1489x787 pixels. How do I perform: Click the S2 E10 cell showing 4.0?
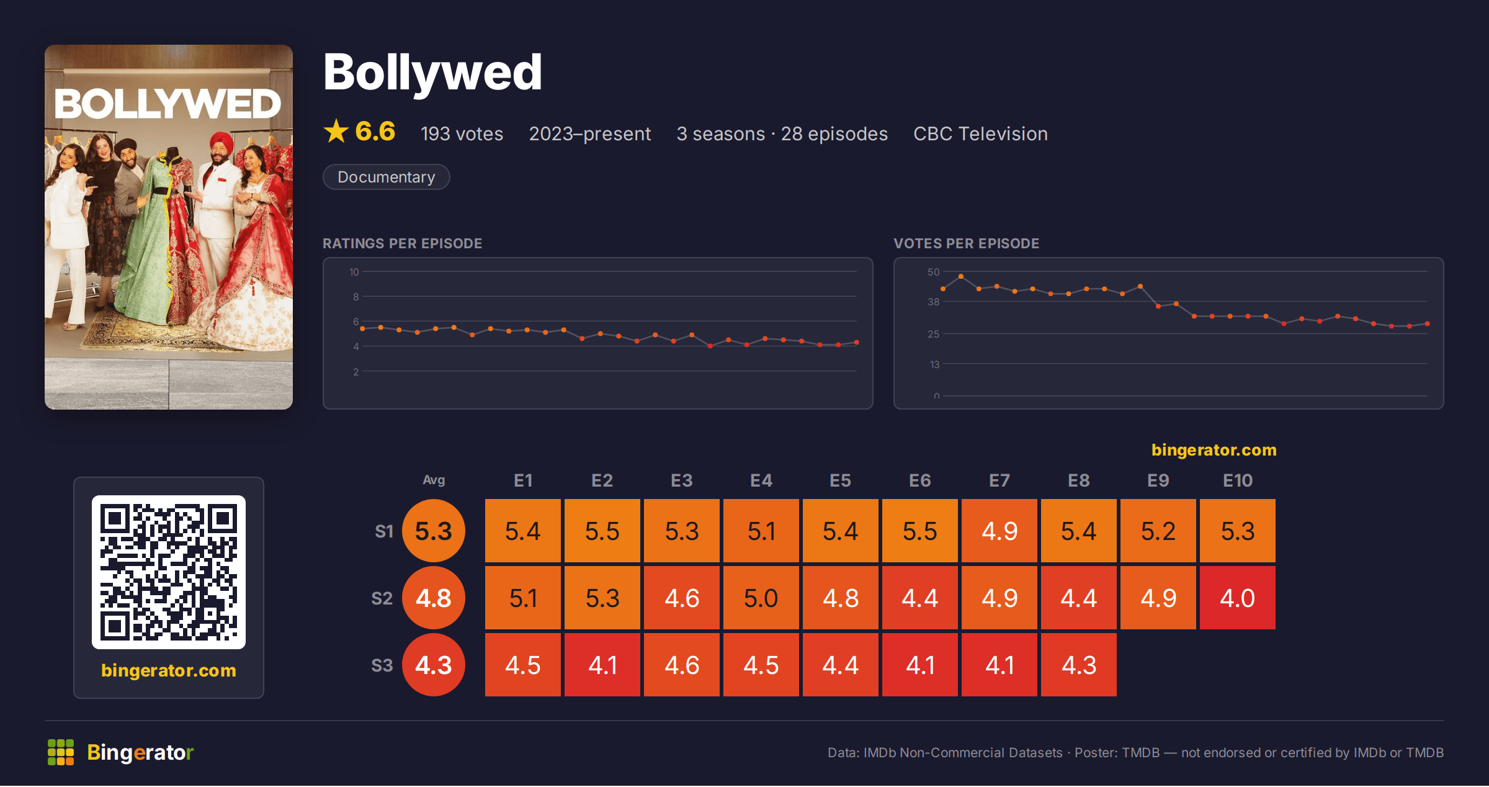pyautogui.click(x=1237, y=598)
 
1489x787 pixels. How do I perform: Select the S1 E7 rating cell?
pyautogui.click(x=999, y=531)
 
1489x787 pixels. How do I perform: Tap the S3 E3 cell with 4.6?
pyautogui.click(x=681, y=665)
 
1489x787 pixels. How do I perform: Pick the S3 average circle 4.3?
pyautogui.click(x=434, y=665)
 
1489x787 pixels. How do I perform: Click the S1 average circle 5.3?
pyautogui.click(x=434, y=531)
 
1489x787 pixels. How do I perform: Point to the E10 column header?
pyautogui.click(x=1237, y=480)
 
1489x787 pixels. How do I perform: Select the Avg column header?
pyautogui.click(x=434, y=480)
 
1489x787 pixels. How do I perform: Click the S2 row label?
pyautogui.click(x=382, y=598)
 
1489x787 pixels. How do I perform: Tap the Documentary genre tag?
pyautogui.click(x=386, y=177)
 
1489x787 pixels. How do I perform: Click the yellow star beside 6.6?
pyautogui.click(x=336, y=131)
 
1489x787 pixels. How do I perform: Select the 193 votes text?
pyautogui.click(x=462, y=133)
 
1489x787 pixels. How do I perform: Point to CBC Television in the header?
pyautogui.click(x=980, y=133)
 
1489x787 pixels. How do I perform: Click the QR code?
pyautogui.click(x=169, y=572)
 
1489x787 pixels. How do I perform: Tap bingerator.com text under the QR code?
pyautogui.click(x=169, y=670)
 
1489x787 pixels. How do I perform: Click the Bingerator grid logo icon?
pyautogui.click(x=61, y=752)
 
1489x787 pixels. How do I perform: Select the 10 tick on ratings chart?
pyautogui.click(x=354, y=272)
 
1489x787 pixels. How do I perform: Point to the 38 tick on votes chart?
pyautogui.click(x=934, y=302)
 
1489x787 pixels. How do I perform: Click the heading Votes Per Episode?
pyautogui.click(x=966, y=243)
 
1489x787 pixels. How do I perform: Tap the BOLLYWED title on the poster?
pyautogui.click(x=168, y=104)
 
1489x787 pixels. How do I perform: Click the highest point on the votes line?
pyautogui.click(x=961, y=276)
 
